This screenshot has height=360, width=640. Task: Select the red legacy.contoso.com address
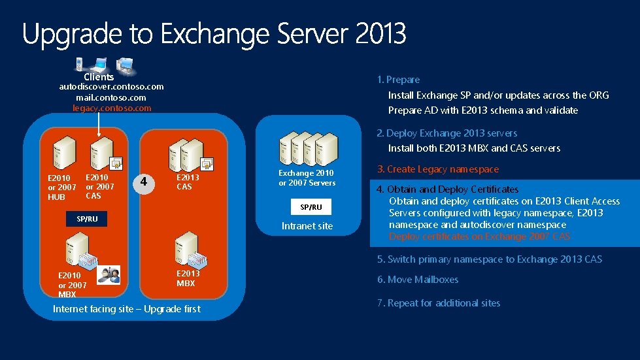click(112, 108)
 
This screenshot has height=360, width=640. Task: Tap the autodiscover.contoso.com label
click(112, 86)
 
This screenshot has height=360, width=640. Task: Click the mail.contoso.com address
click(111, 97)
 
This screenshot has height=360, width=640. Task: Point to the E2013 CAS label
click(188, 182)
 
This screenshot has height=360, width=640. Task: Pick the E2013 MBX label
click(188, 278)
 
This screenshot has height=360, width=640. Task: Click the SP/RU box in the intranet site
click(311, 206)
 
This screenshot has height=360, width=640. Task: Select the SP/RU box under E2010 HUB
click(87, 219)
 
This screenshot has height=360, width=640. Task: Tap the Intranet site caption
click(307, 226)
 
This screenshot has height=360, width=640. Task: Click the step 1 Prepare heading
click(398, 80)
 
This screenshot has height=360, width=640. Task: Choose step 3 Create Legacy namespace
click(437, 169)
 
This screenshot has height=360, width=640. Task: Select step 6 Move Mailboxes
click(418, 280)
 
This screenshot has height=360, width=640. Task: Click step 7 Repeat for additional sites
click(438, 303)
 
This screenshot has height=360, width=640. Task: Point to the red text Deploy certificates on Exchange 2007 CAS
click(479, 237)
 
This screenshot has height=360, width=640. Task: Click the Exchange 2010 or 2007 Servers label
click(307, 178)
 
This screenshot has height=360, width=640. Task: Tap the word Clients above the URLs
click(99, 76)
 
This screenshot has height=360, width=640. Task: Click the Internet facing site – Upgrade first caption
click(127, 309)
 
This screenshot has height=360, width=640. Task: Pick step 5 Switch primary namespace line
click(489, 259)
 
